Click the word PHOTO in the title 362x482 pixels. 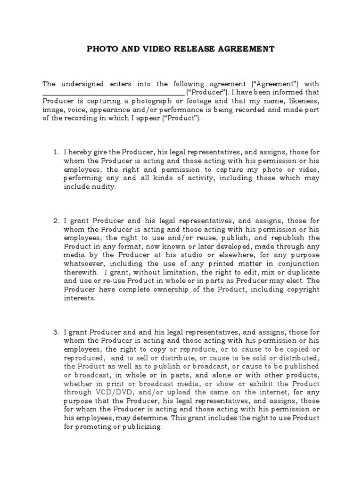click(100, 48)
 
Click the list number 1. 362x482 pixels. click(55, 153)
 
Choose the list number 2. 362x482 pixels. click(55, 220)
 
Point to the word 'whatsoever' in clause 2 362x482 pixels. click(81, 264)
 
